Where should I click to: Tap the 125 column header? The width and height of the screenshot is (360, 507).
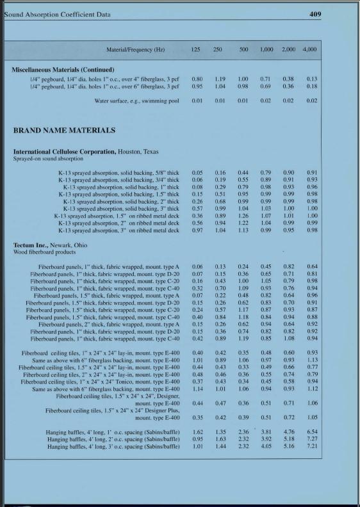(197, 49)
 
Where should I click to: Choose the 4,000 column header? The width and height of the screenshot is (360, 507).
(311, 49)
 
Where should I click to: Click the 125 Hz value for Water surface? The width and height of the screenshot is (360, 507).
(197, 101)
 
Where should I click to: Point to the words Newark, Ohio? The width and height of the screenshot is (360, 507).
(63, 245)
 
